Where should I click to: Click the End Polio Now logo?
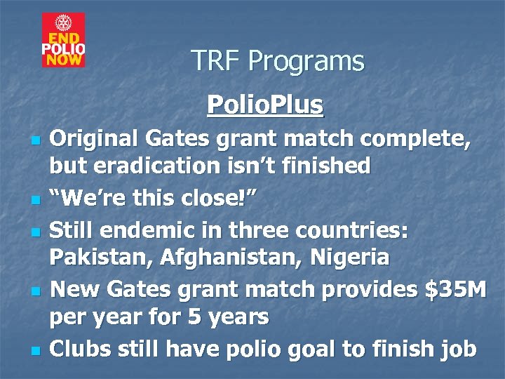click(x=63, y=40)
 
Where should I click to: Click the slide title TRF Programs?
click(x=277, y=62)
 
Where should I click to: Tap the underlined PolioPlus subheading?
click(x=265, y=105)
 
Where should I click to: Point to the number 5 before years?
click(x=193, y=317)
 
